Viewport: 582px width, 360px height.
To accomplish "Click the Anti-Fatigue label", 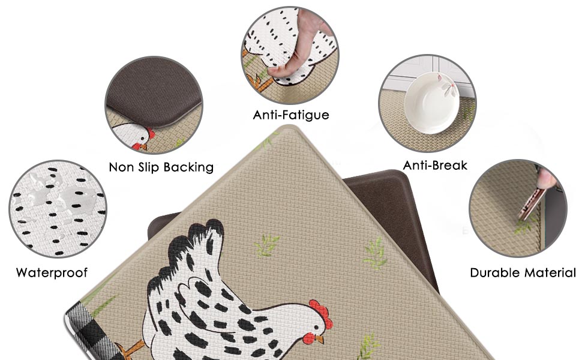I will click(x=291, y=114).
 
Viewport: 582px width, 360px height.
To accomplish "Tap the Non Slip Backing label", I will click(x=161, y=167).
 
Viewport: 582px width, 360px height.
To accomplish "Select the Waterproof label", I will click(x=52, y=273).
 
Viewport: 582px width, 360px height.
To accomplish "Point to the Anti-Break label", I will click(x=435, y=165).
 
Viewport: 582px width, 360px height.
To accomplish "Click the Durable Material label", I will click(x=523, y=273).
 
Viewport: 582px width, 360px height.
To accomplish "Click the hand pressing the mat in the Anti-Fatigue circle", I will click(x=300, y=54).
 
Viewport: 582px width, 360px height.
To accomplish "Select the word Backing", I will click(x=187, y=167).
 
